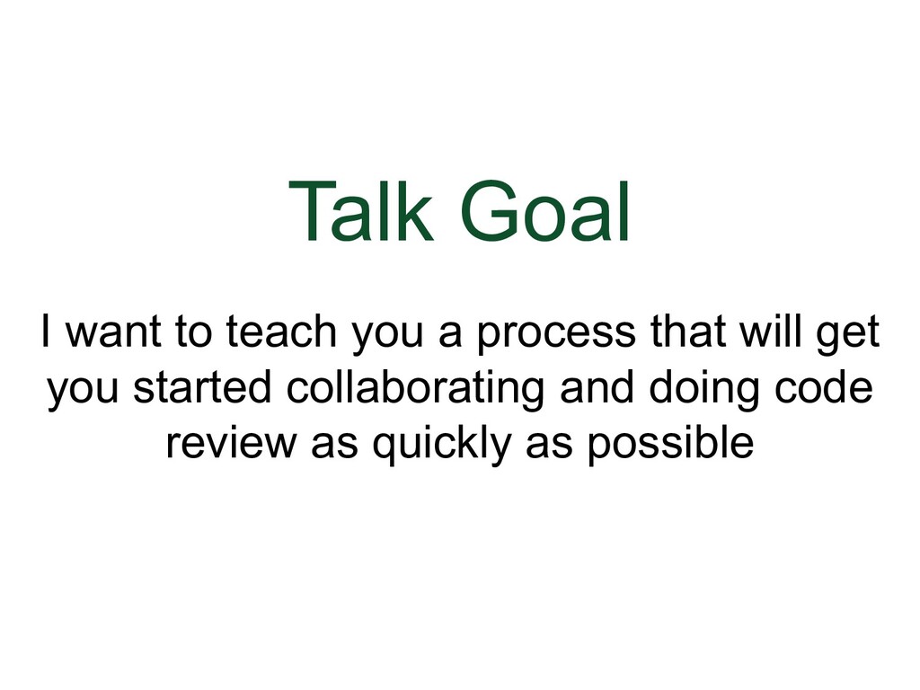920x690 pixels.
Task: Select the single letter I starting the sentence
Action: click(44, 334)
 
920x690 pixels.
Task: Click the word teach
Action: click(280, 334)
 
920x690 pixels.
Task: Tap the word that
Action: click(682, 334)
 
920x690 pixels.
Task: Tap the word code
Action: click(830, 389)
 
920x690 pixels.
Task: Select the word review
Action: click(233, 443)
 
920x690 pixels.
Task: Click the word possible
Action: click(669, 445)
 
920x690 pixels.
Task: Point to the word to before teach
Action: click(190, 334)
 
